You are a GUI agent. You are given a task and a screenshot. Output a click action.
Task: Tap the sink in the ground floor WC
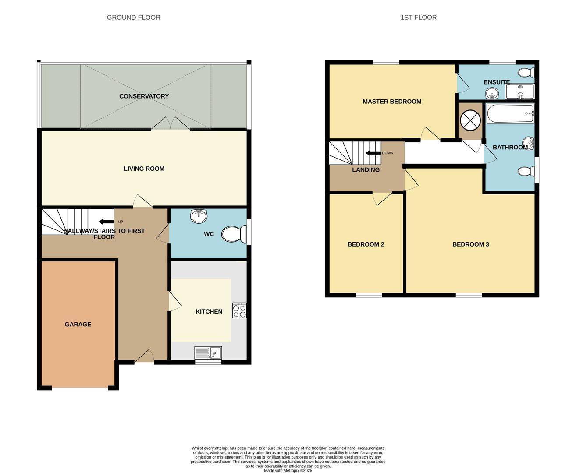pos(199,215)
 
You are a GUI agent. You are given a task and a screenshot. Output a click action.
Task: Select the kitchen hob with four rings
pos(239,311)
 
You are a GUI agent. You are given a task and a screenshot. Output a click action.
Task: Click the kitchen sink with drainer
pos(208,353)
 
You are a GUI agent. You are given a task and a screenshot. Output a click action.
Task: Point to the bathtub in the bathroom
pos(510,113)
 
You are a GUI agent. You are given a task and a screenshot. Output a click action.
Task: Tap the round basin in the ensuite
pos(492,93)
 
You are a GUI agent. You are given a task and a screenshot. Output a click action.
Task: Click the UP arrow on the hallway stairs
pos(106,222)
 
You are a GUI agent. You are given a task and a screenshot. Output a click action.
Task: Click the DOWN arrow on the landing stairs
pos(373,153)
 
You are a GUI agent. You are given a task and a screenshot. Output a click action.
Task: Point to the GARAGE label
pos(78,325)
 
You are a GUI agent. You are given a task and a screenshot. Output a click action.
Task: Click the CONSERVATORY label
pos(144,96)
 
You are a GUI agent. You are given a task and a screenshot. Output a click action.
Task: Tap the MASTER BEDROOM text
pos(392,102)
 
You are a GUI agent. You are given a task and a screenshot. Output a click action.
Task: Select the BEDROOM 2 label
pos(366,244)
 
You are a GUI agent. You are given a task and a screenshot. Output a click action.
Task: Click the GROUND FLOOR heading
pos(133,18)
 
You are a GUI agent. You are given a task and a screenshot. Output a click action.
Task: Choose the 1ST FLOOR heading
pos(418,18)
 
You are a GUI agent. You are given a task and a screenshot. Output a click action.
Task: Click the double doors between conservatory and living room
pos(171,124)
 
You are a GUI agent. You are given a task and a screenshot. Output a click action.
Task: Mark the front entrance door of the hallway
pos(144,357)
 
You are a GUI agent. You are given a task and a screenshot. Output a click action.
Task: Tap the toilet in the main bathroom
pos(526,171)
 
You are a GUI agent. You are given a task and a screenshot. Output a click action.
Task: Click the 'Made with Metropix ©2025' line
pos(288,470)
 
